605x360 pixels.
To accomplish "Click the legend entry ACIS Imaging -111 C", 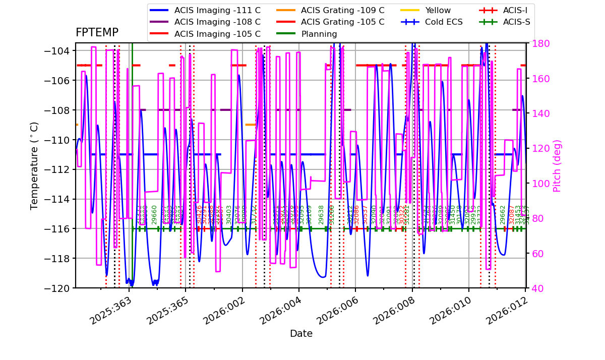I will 217,10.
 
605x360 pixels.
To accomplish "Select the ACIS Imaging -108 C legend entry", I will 217,22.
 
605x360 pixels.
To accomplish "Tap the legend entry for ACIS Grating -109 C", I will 342,10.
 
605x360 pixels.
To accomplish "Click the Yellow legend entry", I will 438,10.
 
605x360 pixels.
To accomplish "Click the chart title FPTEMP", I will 97,33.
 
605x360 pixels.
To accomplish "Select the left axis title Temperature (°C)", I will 34,165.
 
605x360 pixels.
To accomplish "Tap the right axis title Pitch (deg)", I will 557,165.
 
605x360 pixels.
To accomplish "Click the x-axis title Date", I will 301,334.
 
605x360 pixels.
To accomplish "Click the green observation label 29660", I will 155,214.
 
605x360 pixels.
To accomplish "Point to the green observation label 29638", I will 322,214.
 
